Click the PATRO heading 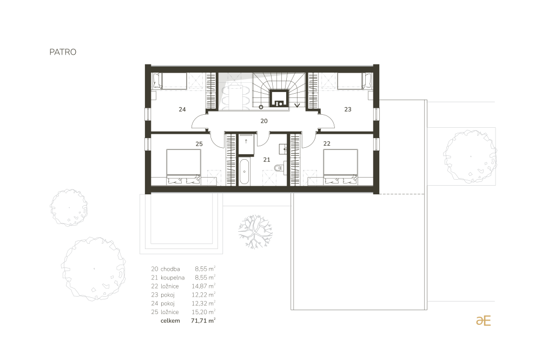pyautogui.click(x=63, y=52)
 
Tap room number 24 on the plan pyautogui.click(x=182, y=109)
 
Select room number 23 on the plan pyautogui.click(x=348, y=109)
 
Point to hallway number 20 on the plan pyautogui.click(x=264, y=121)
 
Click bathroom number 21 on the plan pyautogui.click(x=267, y=160)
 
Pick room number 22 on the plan pyautogui.click(x=327, y=143)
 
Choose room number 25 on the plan pyautogui.click(x=199, y=144)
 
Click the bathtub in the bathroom pyautogui.click(x=245, y=172)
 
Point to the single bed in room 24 pyautogui.click(x=169, y=81)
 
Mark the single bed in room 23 pyautogui.click(x=355, y=81)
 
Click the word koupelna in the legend pyautogui.click(x=173, y=278)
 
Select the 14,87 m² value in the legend pyautogui.click(x=203, y=286)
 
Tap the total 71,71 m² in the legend pyautogui.click(x=203, y=320)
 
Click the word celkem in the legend pyautogui.click(x=170, y=320)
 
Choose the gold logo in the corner pyautogui.click(x=483, y=320)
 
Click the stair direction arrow pyautogui.click(x=297, y=105)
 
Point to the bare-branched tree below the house pyautogui.click(x=255, y=232)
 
